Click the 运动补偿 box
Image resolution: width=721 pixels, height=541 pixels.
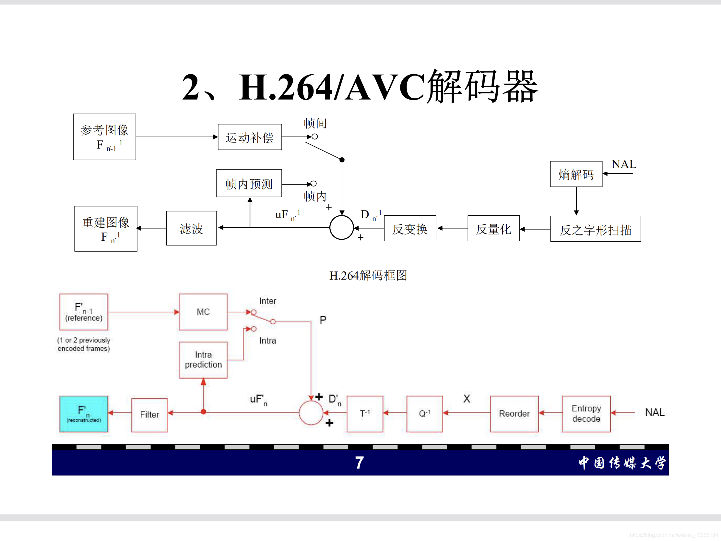250,137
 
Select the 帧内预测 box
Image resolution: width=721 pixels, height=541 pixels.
249,183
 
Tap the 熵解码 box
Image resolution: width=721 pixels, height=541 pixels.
576,174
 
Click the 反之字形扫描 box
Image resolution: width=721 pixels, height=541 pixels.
595,229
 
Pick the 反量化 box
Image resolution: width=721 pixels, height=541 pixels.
493,228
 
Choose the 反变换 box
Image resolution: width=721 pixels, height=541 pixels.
410,228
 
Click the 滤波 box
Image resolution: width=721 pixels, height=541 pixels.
191,228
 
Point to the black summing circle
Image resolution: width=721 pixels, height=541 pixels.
342,228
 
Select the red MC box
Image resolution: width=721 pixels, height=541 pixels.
203,312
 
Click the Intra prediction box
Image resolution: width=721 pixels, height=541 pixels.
203,360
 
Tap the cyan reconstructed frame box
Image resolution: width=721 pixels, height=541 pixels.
84,414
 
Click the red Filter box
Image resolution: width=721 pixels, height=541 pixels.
149,415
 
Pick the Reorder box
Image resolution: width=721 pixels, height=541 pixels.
514,414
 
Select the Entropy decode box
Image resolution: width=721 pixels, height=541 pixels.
586,414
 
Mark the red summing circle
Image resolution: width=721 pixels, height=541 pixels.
311,413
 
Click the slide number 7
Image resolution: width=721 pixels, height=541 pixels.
359,463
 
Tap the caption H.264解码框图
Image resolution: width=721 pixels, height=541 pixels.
368,276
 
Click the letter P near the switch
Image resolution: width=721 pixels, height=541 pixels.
323,320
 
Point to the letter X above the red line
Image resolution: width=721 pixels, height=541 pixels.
467,399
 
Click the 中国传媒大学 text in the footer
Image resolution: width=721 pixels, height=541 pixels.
622,463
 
